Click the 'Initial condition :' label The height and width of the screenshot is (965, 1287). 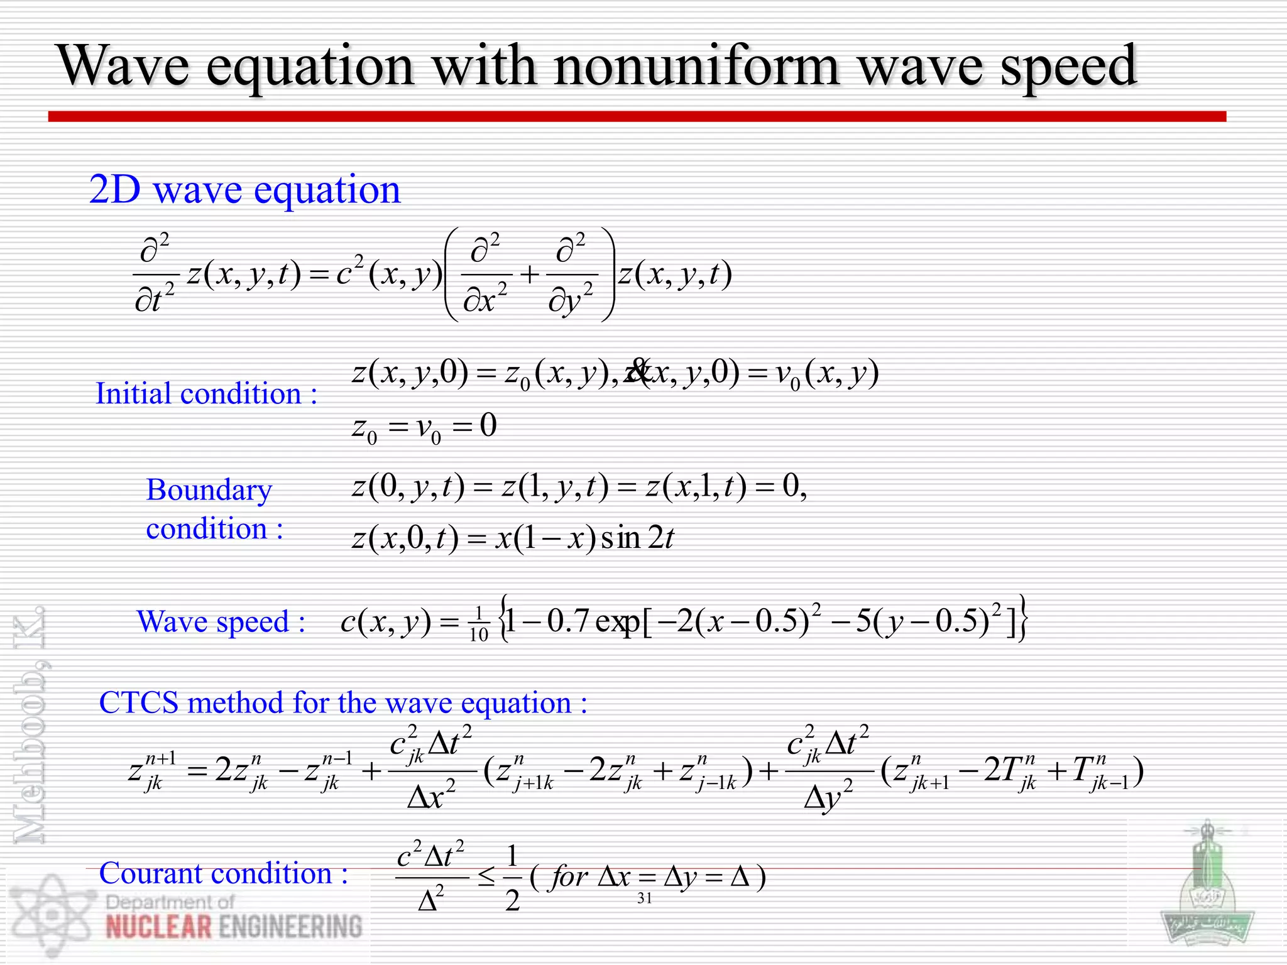click(206, 394)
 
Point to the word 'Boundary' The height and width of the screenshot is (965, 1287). click(209, 489)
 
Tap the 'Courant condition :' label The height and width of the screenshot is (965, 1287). click(223, 873)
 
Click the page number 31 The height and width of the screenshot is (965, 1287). click(644, 898)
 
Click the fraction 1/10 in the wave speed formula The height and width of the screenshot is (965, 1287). click(478, 624)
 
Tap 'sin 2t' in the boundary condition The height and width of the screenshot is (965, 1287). click(637, 538)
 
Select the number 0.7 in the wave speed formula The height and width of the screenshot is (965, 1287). click(567, 621)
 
